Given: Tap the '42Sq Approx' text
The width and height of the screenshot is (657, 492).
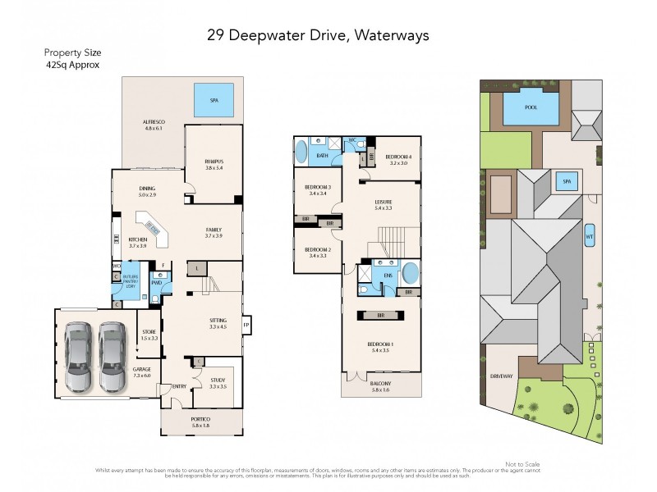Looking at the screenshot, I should tap(73, 65).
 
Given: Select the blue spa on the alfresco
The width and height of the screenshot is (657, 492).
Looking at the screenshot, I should tap(214, 100).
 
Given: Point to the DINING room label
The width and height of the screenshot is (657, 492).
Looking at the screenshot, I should tap(147, 191).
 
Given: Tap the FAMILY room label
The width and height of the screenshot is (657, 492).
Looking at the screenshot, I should tap(214, 232).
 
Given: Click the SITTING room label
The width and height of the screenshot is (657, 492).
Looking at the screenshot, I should tap(217, 324).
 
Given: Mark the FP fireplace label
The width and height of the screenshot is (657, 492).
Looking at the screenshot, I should tap(246, 326).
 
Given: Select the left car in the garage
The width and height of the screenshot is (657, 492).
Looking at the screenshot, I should tap(78, 358).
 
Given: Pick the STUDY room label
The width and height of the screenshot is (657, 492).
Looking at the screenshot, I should tap(217, 381).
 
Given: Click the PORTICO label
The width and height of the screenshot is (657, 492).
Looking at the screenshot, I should tap(200, 421).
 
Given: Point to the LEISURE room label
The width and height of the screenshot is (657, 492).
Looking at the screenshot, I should tap(383, 204).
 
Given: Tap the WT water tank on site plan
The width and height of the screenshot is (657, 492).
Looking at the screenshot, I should tap(589, 235).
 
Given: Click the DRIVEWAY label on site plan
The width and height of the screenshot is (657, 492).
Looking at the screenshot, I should tap(500, 376).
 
